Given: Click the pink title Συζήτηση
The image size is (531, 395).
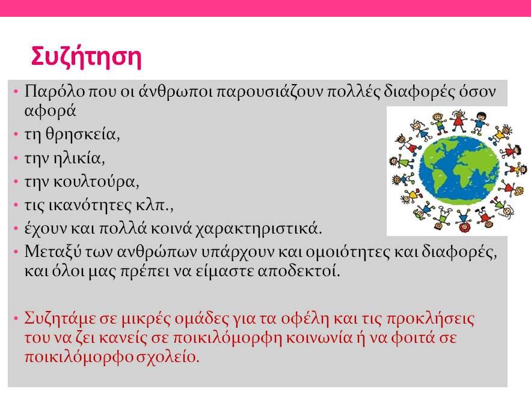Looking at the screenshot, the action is pos(86,57).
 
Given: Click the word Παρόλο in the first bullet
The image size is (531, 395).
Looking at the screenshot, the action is pos(55,91).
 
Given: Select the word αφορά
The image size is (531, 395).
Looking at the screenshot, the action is pos(50,111).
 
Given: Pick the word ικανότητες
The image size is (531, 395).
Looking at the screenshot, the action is pos(90,205).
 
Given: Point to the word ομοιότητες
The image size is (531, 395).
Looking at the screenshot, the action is pos(348,252).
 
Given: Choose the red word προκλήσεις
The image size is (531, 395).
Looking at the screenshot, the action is pos(431,319).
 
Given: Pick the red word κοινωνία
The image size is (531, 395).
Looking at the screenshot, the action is pos(319,338).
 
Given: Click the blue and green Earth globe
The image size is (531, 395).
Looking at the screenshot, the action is pos(459,170).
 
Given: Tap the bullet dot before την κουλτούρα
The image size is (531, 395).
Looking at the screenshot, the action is pos(16,182).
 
